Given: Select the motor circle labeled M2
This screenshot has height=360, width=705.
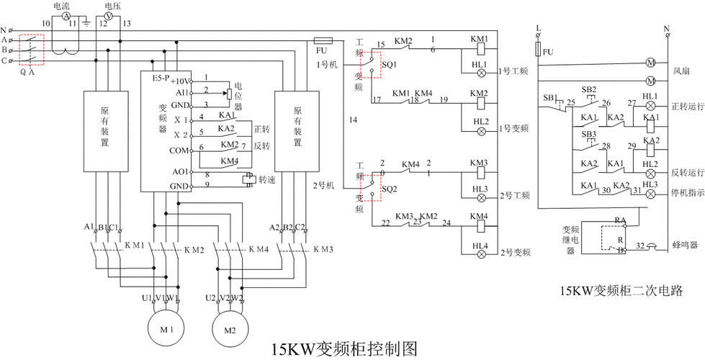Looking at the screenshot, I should point(230,330).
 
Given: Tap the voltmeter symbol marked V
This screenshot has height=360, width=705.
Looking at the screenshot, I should point(109,14).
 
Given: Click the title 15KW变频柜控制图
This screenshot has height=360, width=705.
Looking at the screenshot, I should point(344,349).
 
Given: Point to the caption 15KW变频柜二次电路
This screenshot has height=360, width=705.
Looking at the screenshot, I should point(621,292).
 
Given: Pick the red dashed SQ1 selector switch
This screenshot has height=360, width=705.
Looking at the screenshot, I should point(369,63).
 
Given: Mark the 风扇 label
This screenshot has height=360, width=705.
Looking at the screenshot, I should point(681,72).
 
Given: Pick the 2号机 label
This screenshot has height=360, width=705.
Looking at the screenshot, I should point(325,185).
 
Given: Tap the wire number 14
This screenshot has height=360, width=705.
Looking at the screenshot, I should point(353,119).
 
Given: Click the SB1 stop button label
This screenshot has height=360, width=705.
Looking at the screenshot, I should point(550,98).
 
